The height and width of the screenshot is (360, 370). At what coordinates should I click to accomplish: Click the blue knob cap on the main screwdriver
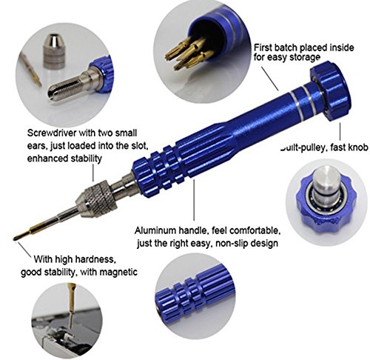click(x=331, y=90)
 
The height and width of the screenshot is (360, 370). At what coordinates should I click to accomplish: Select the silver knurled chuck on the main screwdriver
click(x=95, y=199)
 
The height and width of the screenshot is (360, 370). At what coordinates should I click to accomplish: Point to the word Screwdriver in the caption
click(x=52, y=133)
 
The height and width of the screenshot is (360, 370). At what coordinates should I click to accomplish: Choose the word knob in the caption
click(x=357, y=147)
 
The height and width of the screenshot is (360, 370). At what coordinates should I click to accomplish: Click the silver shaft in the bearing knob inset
click(x=326, y=182)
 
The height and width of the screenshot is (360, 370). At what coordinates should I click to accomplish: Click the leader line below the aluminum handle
click(x=194, y=200)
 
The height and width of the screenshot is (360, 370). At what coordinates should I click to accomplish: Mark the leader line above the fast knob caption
click(x=340, y=131)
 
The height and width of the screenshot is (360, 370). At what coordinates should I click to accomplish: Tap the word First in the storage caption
click(x=263, y=47)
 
